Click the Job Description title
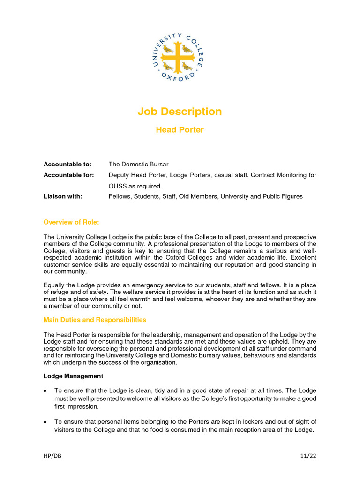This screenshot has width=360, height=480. pyautogui.click(x=180, y=112)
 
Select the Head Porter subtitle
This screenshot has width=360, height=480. pyautogui.click(x=180, y=130)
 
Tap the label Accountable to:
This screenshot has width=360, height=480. pyautogui.click(x=67, y=165)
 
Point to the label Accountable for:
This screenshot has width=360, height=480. pyautogui.click(x=68, y=175)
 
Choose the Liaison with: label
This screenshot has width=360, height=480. pyautogui.click(x=63, y=197)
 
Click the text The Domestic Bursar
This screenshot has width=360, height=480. pyautogui.click(x=138, y=165)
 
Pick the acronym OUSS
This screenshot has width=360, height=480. pyautogui.click(x=118, y=186)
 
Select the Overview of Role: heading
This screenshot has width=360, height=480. pyautogui.click(x=71, y=222)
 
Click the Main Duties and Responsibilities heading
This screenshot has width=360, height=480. pyautogui.click(x=95, y=320)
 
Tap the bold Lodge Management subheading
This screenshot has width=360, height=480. pyautogui.click(x=73, y=376)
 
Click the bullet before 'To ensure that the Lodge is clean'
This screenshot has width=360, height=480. pyautogui.click(x=45, y=390)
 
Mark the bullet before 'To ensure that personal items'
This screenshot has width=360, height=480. pyautogui.click(x=45, y=422)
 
